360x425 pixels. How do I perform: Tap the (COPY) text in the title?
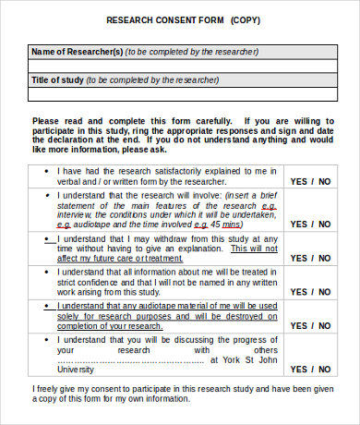pos(245,20)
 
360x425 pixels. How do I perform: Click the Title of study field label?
pos(58,80)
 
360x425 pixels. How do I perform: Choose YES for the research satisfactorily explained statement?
pos(299,183)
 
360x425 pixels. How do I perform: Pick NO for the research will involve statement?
pos(324,225)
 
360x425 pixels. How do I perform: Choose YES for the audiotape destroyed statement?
pos(299,326)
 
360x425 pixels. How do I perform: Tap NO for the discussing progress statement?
pos(324,369)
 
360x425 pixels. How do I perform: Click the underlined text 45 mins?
pos(227,225)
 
